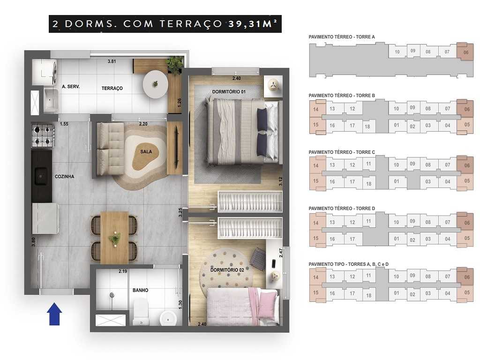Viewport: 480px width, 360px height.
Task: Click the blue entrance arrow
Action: click(x=55, y=314)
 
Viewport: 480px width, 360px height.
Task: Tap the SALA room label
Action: click(x=146, y=152)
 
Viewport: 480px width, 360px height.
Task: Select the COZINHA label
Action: click(x=65, y=176)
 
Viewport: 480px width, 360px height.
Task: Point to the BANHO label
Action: click(x=140, y=290)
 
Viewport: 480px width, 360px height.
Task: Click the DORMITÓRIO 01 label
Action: click(x=229, y=92)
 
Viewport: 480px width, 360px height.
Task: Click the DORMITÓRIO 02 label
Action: click(x=226, y=270)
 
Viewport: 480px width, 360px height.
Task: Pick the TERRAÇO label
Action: click(x=112, y=88)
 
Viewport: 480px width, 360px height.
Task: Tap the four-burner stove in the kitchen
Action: click(x=43, y=135)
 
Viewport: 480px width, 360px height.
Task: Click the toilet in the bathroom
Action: click(x=140, y=312)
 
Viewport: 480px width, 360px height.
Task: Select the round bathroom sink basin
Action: click(x=168, y=317)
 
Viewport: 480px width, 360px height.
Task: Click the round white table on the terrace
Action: click(x=155, y=84)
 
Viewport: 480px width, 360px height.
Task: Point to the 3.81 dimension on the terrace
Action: click(x=112, y=61)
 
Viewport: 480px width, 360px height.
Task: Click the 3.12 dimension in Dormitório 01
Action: click(x=280, y=181)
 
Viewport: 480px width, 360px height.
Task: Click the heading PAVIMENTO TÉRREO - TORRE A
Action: click(x=342, y=37)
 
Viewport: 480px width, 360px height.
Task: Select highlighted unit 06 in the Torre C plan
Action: click(x=465, y=165)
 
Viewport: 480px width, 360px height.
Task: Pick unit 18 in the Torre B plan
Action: click(x=367, y=127)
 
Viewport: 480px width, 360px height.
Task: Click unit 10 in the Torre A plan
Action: click(x=397, y=52)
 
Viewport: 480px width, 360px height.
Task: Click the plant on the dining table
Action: click(x=114, y=239)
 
